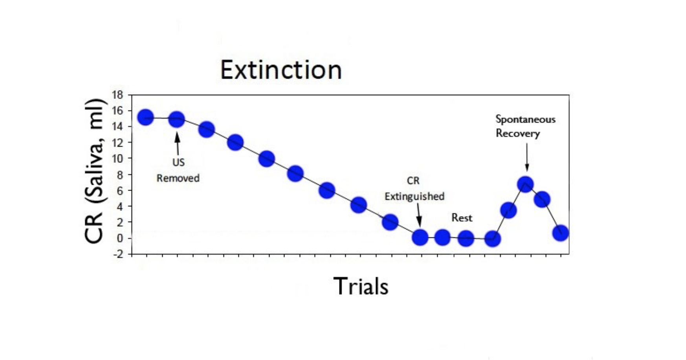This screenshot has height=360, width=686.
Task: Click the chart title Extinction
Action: click(x=281, y=70)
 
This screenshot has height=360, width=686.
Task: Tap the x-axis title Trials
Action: click(x=361, y=286)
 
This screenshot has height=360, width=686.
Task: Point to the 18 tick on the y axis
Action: click(x=117, y=95)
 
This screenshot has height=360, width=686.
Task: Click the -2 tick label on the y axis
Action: click(x=118, y=254)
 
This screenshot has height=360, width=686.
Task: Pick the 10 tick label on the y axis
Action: click(x=117, y=158)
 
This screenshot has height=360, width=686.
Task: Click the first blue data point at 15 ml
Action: click(x=145, y=118)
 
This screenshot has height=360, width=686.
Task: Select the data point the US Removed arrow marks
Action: click(x=177, y=119)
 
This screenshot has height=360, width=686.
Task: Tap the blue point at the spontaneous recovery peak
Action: click(x=525, y=184)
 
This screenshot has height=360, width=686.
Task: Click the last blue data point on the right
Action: click(x=560, y=233)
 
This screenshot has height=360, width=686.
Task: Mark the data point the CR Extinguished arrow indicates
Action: click(x=420, y=237)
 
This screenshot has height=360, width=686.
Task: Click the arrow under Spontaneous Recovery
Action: click(x=527, y=157)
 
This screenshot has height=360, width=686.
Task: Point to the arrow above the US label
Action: click(x=178, y=144)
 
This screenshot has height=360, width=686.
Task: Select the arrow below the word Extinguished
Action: click(x=419, y=215)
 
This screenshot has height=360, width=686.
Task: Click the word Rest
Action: click(x=462, y=218)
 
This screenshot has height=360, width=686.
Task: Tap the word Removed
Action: click(x=178, y=178)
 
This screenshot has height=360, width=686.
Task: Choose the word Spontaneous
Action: click(x=525, y=119)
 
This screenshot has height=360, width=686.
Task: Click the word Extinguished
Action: click(x=415, y=197)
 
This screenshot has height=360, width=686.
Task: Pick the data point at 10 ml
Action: click(x=266, y=159)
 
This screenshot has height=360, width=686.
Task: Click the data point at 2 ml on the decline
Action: click(x=390, y=222)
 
